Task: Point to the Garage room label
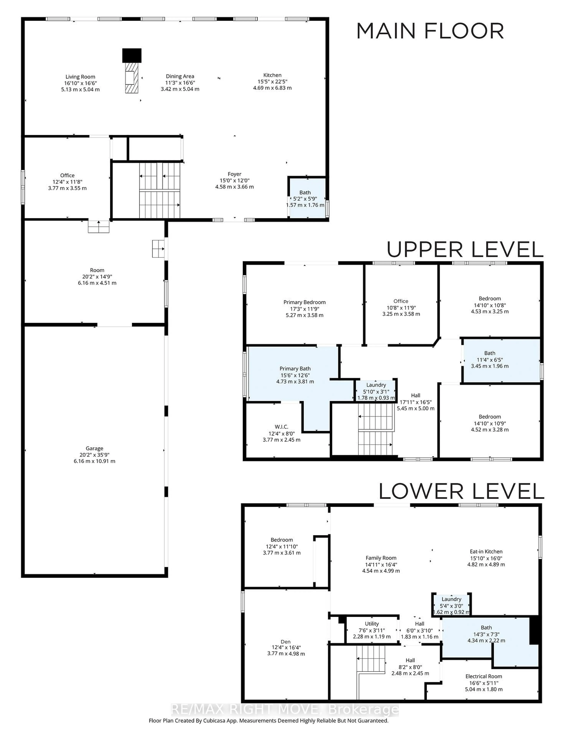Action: pyautogui.click(x=94, y=448)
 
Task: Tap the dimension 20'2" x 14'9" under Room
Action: pyautogui.click(x=97, y=276)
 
